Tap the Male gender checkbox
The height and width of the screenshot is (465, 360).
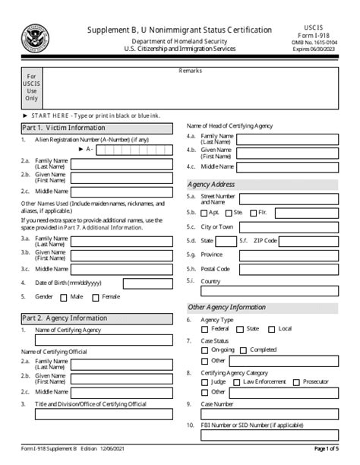(65, 298)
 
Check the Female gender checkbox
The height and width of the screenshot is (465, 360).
(96, 298)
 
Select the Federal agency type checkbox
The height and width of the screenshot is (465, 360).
(205, 329)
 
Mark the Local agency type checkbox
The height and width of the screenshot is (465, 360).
(273, 329)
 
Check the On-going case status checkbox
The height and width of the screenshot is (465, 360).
(205, 350)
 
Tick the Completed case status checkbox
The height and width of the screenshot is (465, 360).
(244, 350)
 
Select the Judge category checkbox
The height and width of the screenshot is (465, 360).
(205, 381)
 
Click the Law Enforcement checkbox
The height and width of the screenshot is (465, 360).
(236, 381)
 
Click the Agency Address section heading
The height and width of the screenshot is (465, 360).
(211, 184)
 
